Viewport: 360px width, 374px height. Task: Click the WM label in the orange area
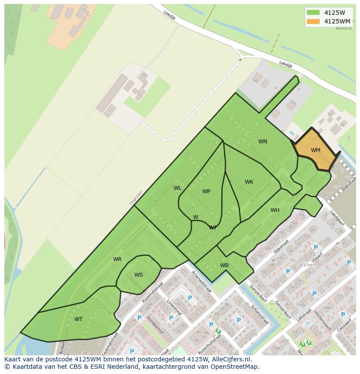316,150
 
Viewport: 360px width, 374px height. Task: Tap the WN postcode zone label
263,142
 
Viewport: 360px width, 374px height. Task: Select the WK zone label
249,182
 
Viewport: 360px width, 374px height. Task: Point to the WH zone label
275,210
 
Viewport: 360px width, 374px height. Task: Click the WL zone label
177,188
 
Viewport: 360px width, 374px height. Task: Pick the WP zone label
206,192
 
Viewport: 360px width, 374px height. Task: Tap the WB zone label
224,265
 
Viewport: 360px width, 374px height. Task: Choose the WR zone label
117,259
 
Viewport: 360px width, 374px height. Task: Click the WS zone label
138,275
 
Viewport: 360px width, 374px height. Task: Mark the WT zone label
78,319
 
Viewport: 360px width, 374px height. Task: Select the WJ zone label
213,227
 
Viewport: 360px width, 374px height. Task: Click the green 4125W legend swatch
313,13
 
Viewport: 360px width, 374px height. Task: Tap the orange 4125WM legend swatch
313,21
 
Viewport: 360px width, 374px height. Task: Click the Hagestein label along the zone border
136,198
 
